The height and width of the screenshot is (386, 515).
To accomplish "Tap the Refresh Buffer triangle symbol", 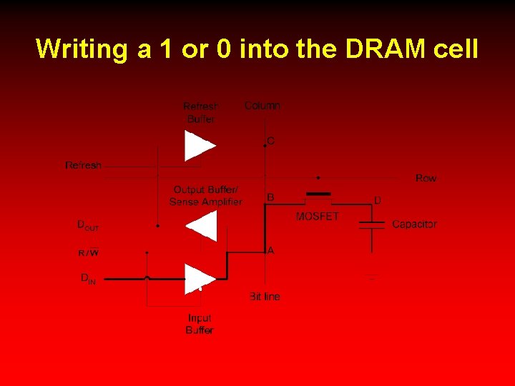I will tap(200, 146).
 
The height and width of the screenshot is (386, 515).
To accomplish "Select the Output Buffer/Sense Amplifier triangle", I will tap(201, 226).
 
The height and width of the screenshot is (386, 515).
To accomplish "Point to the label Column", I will tap(263, 106).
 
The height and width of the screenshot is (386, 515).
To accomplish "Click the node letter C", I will tap(271, 141).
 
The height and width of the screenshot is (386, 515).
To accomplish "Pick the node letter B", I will tap(270, 197).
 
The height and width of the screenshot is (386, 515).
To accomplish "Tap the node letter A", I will tap(270, 250).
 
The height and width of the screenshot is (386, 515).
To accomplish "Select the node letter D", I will tap(378, 200).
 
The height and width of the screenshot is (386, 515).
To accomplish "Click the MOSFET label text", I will tap(317, 216).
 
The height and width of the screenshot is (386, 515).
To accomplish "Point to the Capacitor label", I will tap(414, 224).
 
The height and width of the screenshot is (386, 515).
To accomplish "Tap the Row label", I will tap(426, 178).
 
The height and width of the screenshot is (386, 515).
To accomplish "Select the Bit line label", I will tap(265, 296).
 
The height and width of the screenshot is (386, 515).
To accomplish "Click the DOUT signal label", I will tap(88, 225).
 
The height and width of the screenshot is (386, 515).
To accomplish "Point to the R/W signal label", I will tap(89, 252).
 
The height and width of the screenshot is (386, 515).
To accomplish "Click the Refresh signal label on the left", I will tap(83, 165).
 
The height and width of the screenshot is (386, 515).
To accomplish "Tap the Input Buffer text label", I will tap(200, 324).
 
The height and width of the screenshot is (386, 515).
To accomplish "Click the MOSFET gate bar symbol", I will tap(318, 194).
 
